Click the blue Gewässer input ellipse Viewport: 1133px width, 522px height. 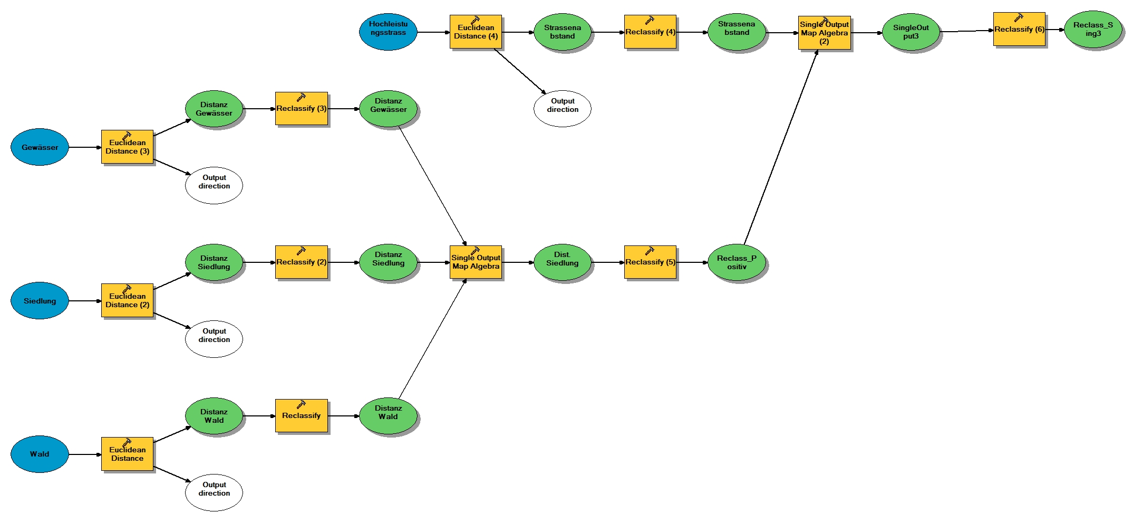pos(40,147)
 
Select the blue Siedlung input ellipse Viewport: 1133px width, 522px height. pos(40,301)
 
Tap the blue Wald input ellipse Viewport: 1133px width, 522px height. pos(40,454)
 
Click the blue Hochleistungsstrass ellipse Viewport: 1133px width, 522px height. pos(388,32)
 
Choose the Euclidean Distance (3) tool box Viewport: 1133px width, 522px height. pos(127,147)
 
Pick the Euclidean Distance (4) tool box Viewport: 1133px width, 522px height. pos(476,32)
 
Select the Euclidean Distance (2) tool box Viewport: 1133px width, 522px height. pos(127,300)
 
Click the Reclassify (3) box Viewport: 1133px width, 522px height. pos(301,109)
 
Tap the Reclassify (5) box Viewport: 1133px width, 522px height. pos(650,262)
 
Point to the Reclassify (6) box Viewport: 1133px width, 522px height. pos(1019,30)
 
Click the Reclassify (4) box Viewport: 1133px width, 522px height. pos(650,32)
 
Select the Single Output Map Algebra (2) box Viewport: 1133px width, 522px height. pos(824,33)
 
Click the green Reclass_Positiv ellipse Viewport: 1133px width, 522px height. pos(737,262)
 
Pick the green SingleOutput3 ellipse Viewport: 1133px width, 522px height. pos(911,32)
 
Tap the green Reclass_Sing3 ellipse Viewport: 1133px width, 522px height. pos(1093,30)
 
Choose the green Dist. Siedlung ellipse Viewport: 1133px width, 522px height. pos(562,262)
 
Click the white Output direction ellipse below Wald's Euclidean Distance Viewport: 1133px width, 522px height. pos(214,492)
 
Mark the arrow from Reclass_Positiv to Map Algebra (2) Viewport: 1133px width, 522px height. pos(780,148)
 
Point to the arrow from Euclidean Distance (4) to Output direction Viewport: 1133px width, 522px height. pos(520,71)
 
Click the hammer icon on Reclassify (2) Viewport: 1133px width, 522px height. pos(301,251)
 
